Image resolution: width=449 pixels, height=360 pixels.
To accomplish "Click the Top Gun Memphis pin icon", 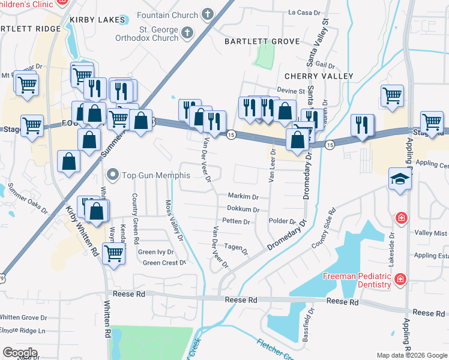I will click(112, 175).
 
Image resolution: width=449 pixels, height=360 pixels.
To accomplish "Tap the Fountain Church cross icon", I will click(207, 14).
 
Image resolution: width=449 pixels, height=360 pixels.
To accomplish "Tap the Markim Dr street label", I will click(243, 196).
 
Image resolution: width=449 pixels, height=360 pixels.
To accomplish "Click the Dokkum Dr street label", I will click(243, 209).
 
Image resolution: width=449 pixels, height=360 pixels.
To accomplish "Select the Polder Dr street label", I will click(283, 221).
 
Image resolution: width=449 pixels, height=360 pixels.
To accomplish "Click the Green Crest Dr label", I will click(164, 263).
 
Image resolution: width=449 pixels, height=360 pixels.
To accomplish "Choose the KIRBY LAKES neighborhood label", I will click(97, 20).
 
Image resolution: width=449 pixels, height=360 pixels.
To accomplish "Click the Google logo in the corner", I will click(20, 353).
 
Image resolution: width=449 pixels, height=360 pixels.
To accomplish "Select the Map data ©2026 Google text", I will click(411, 355).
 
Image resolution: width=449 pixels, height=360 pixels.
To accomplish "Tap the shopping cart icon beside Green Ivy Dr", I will click(113, 253).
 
